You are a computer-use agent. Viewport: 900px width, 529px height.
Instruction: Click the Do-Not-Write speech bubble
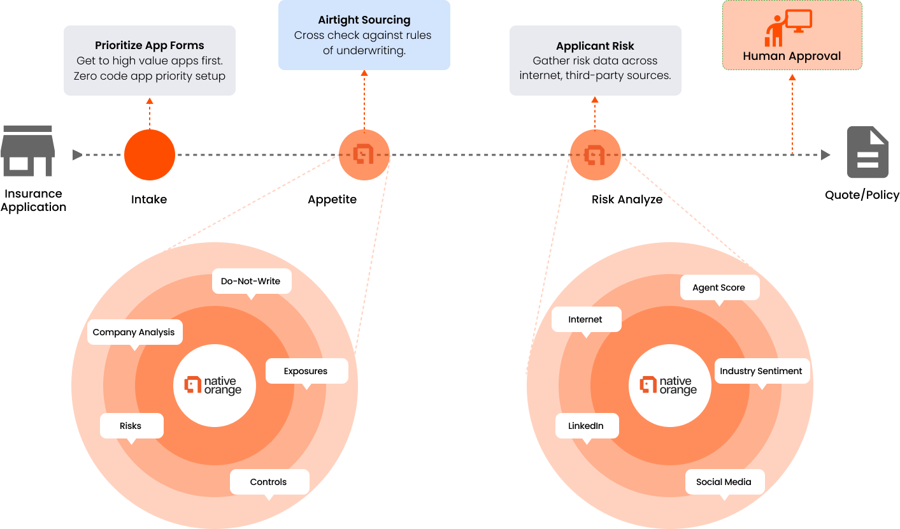click(x=251, y=281)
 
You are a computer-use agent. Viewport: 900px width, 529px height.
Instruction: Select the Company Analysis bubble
click(x=134, y=332)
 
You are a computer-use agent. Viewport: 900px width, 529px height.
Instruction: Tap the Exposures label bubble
click(x=306, y=371)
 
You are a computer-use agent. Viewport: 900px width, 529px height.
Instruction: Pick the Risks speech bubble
click(x=131, y=426)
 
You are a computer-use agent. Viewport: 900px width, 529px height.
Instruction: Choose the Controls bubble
click(x=269, y=482)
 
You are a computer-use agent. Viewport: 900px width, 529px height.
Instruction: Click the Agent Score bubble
click(x=719, y=287)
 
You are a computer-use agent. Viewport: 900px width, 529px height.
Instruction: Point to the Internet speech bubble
click(x=585, y=319)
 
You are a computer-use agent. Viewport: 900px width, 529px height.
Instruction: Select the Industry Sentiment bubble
click(x=761, y=371)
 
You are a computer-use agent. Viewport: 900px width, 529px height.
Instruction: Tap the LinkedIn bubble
click(x=586, y=426)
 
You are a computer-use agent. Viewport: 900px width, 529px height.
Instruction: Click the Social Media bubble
click(x=724, y=482)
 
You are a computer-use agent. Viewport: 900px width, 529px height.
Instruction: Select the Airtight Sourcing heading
click(x=364, y=20)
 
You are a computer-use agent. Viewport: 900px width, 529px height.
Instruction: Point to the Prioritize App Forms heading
click(x=150, y=45)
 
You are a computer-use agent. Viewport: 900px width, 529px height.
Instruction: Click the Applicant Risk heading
click(x=595, y=46)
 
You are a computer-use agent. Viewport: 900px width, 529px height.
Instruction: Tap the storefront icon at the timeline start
click(x=28, y=151)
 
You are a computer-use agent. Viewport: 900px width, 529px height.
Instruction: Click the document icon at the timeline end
click(x=867, y=152)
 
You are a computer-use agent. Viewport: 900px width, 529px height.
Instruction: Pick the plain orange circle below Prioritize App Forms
click(x=150, y=155)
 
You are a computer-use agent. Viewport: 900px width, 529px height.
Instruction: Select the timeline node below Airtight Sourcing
click(x=364, y=155)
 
